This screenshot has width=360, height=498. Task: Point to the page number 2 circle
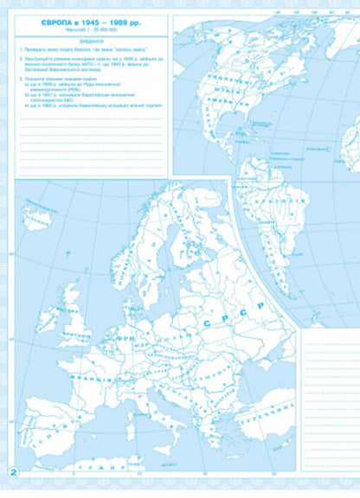tap(13, 472)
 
